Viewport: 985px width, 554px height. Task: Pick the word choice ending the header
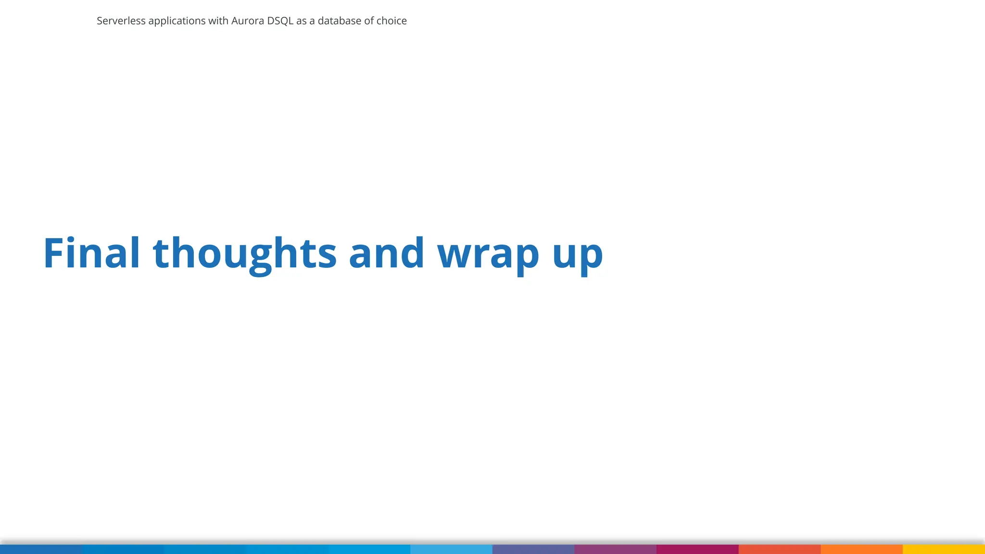click(391, 21)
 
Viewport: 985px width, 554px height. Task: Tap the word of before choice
click(369, 21)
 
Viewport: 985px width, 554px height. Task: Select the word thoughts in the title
click(245, 254)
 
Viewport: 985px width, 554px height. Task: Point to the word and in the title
click(386, 253)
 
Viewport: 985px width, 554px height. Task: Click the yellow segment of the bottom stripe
click(944, 549)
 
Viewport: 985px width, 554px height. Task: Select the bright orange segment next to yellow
click(861, 549)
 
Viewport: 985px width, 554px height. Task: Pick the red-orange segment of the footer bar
click(779, 549)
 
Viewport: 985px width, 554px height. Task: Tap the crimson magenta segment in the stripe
click(697, 549)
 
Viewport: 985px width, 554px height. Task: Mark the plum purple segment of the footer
click(615, 549)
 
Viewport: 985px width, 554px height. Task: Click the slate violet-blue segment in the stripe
click(533, 549)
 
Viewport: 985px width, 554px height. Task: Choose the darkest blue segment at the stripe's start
click(41, 549)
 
